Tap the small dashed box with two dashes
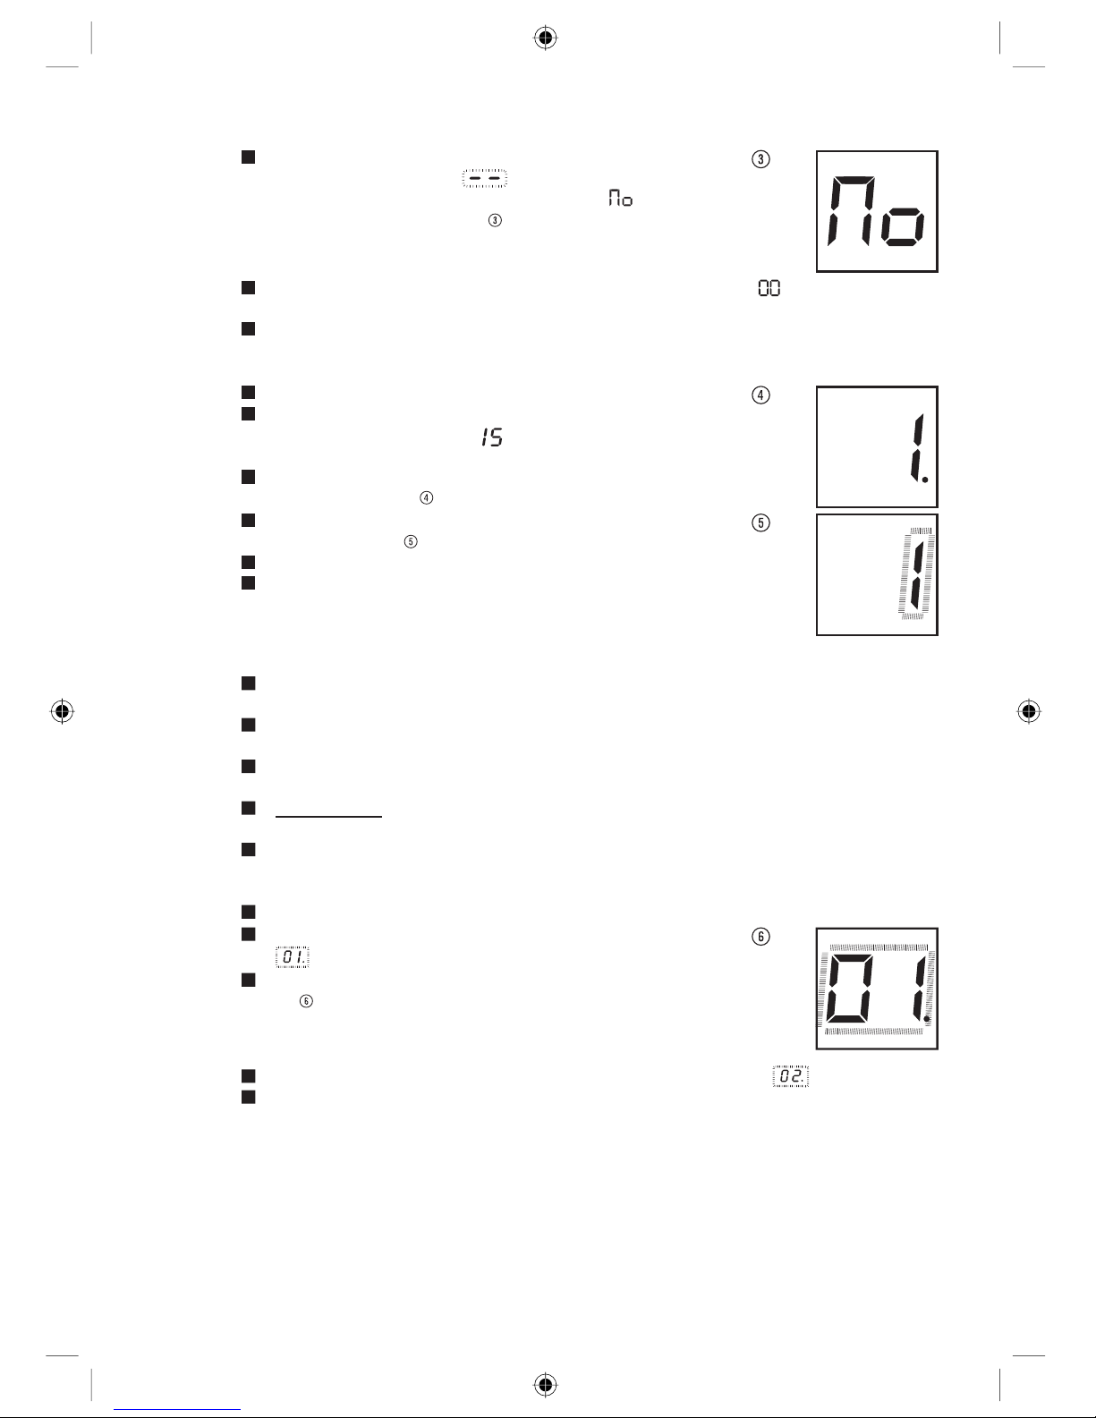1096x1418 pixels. (485, 178)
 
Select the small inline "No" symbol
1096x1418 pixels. (620, 198)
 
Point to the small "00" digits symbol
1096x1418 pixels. (769, 288)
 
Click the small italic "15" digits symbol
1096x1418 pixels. (492, 437)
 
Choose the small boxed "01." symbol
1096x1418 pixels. (293, 956)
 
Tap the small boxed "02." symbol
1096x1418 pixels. (791, 1076)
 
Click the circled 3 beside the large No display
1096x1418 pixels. (760, 159)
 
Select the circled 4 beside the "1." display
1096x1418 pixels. (760, 395)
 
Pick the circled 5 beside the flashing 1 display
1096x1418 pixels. (760, 522)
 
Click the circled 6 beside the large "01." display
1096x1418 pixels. (760, 937)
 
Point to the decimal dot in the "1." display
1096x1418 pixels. (925, 480)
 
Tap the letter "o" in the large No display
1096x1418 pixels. (902, 227)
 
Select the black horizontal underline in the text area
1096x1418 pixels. (329, 816)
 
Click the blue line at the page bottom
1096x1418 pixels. (177, 1409)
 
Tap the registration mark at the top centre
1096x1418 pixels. (546, 38)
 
